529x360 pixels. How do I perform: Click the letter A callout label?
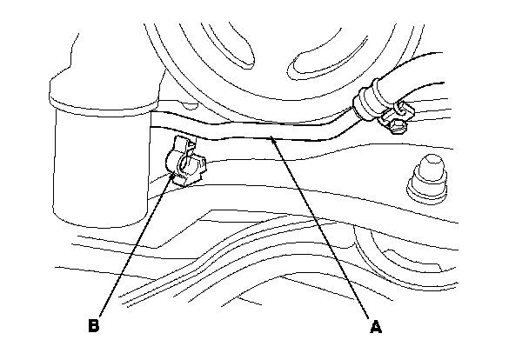[376, 327]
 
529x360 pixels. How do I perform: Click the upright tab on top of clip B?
[182, 143]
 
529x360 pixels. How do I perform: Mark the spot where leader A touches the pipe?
[271, 137]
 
